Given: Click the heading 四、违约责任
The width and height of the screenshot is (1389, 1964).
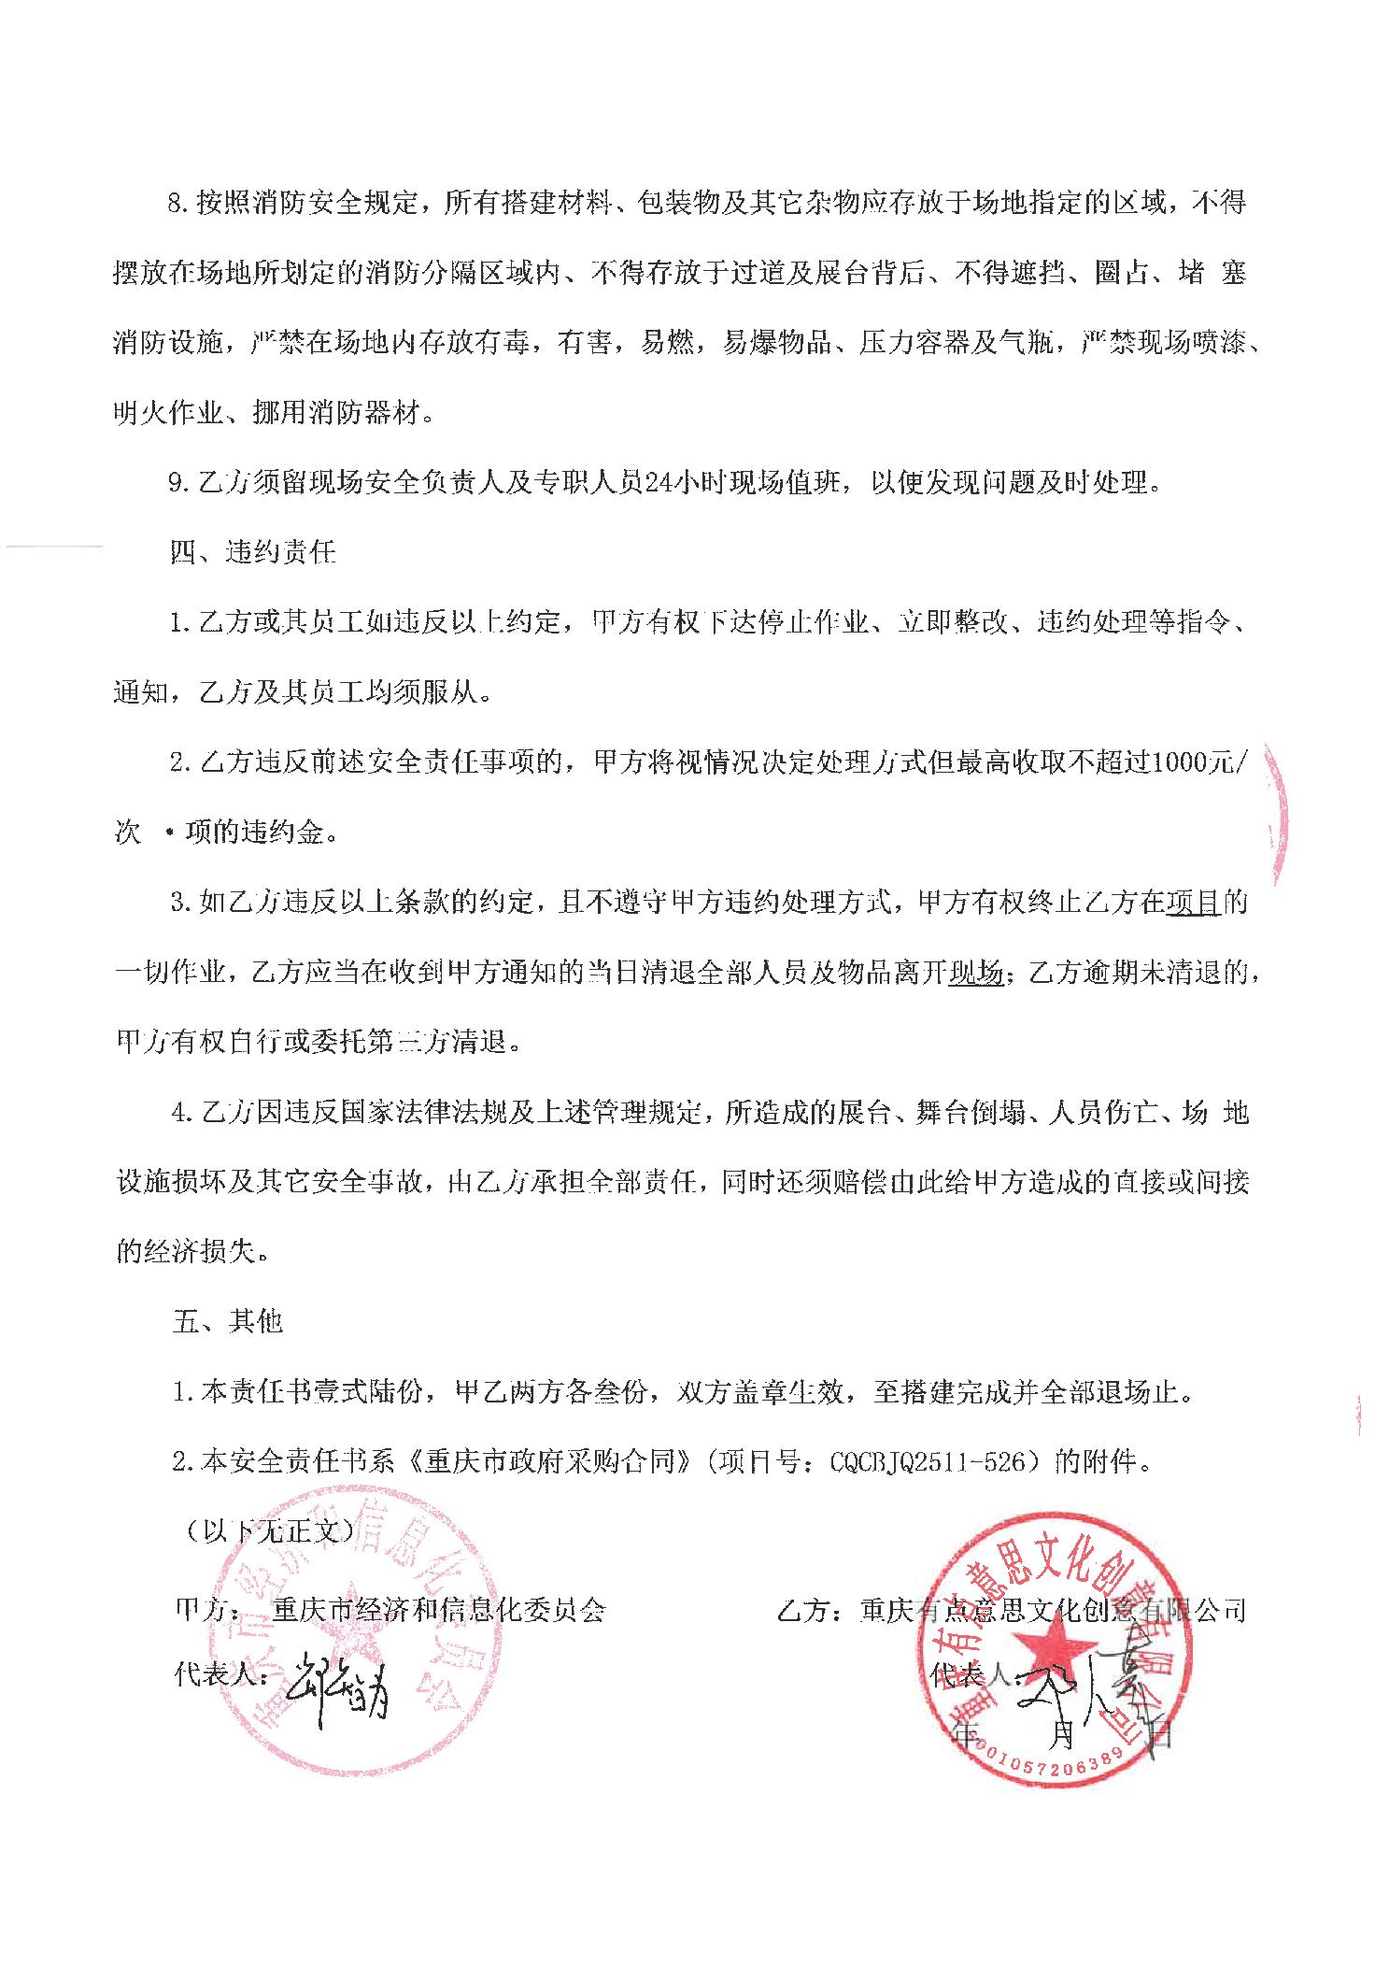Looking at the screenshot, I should pos(253,552).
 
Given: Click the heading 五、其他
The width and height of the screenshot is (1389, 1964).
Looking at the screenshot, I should pos(227,1322).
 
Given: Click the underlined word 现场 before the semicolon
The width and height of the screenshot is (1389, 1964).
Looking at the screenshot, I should pos(975,973).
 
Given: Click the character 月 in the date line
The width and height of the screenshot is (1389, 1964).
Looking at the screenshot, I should pos(1064,1734).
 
